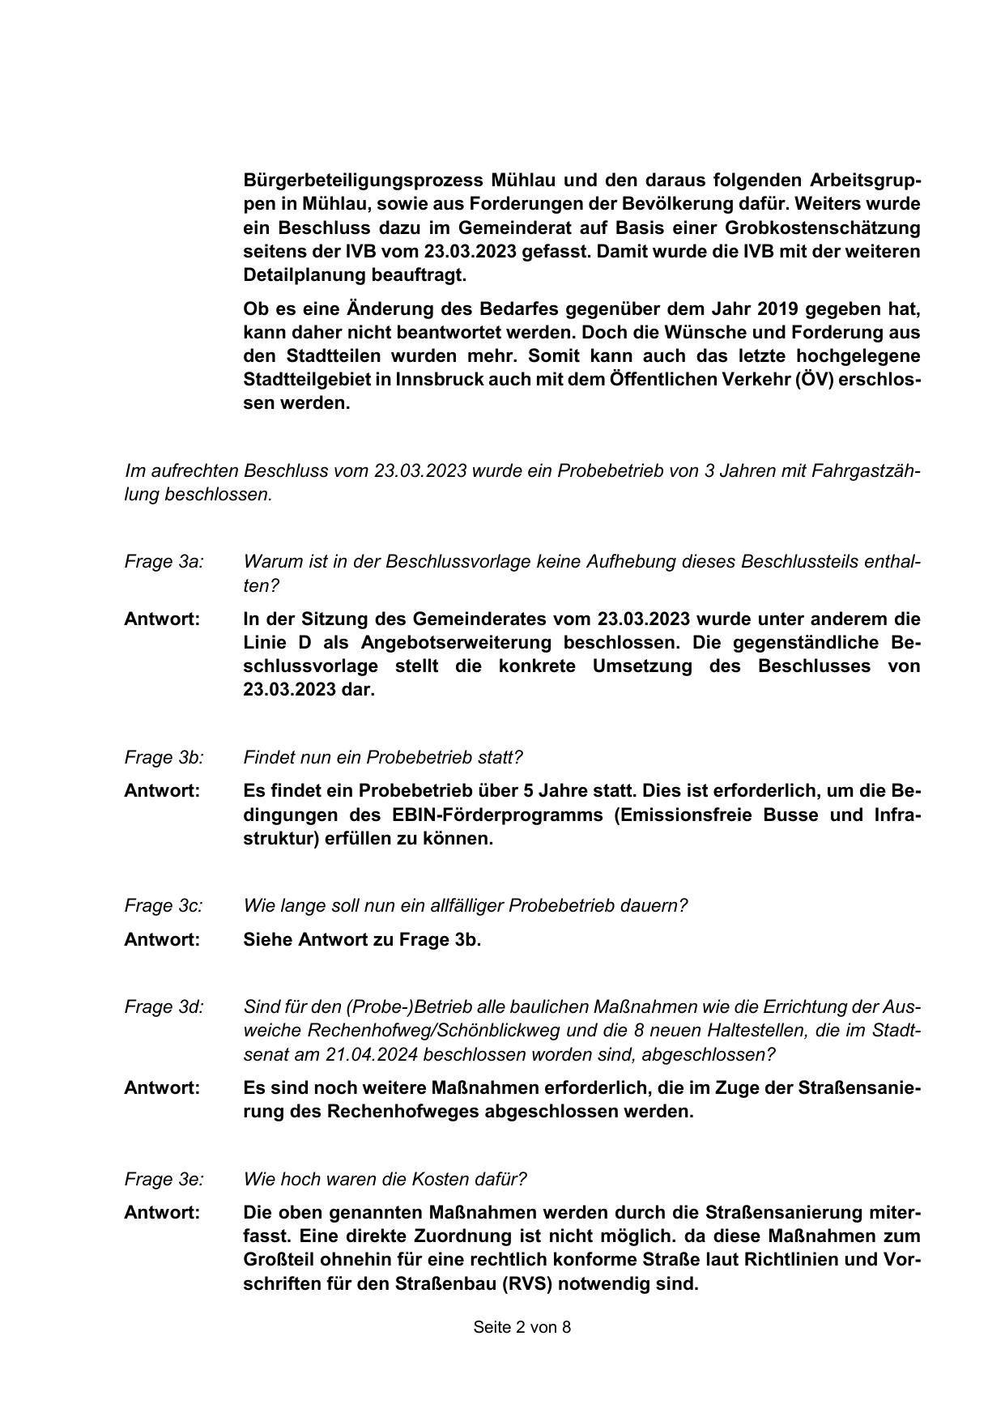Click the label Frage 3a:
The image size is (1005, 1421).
point(164,562)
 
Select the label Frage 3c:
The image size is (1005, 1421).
point(164,906)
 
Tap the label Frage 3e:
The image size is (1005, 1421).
point(164,1180)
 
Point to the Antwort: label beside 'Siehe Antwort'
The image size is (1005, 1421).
point(162,940)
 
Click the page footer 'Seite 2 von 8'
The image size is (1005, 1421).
point(522,1327)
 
